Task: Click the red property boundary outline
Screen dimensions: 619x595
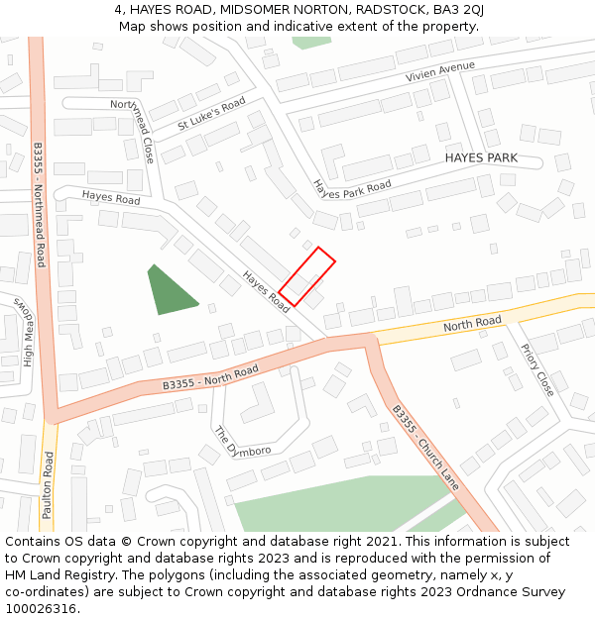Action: pos(306,276)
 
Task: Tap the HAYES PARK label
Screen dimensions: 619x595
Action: pos(481,158)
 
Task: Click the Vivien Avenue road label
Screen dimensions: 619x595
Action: pos(439,71)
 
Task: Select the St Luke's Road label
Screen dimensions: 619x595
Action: pos(211,114)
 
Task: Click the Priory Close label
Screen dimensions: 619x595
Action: pos(537,370)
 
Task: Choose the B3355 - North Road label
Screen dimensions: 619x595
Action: pos(210,377)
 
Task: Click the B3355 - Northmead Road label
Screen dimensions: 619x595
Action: pos(40,205)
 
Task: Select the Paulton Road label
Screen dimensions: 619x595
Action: pos(47,485)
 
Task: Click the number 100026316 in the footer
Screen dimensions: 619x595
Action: pos(42,609)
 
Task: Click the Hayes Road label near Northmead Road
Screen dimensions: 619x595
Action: pos(111,198)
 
